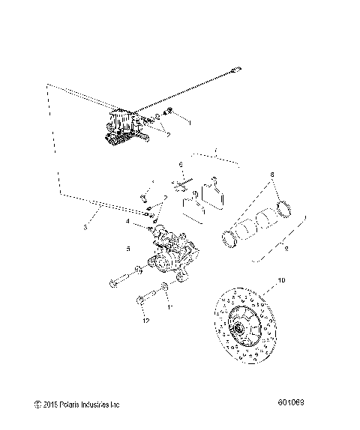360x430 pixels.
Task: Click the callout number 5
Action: pos(128,249)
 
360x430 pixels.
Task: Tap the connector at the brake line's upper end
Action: pos(238,69)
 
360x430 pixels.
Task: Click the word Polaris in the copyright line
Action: pos(70,405)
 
